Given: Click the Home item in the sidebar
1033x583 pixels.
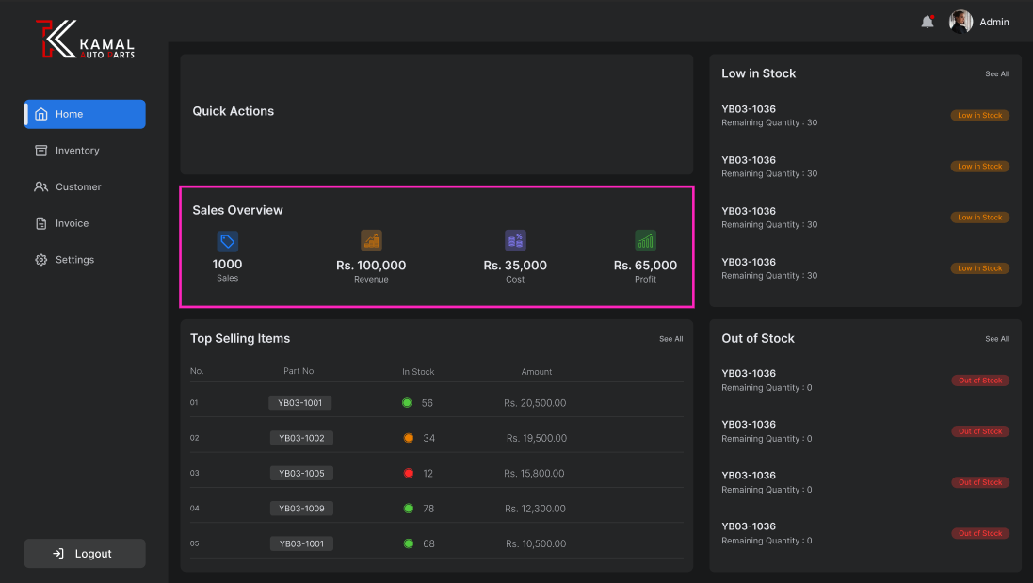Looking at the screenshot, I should point(85,114).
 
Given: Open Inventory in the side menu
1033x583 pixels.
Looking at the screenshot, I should point(76,151).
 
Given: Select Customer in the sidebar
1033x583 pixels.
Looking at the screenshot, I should point(77,186).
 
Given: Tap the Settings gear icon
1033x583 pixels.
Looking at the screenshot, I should point(40,260).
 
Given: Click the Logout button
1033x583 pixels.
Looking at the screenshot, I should point(85,554).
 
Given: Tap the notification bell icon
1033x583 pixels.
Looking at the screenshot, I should point(928,22).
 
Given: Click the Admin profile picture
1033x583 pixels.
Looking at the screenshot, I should point(960,22).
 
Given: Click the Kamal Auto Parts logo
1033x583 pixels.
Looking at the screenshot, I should point(85,40).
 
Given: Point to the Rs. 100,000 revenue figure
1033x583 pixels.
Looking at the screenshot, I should point(371,266).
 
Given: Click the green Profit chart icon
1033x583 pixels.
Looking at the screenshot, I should point(645,240).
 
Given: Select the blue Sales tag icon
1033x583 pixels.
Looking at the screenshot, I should point(227,240).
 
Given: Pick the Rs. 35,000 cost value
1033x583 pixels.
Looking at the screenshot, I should point(515,266).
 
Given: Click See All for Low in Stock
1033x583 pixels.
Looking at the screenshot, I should point(996,73).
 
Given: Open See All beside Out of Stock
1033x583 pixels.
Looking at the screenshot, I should point(996,339).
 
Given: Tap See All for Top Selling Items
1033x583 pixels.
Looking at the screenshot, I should point(670,339).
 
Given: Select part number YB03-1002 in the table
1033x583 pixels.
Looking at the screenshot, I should point(301,438).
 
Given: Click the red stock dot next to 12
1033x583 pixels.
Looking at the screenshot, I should point(408,473).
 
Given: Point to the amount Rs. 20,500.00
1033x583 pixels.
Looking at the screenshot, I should point(535,403).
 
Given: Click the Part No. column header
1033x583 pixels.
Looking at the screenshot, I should point(299,371).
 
